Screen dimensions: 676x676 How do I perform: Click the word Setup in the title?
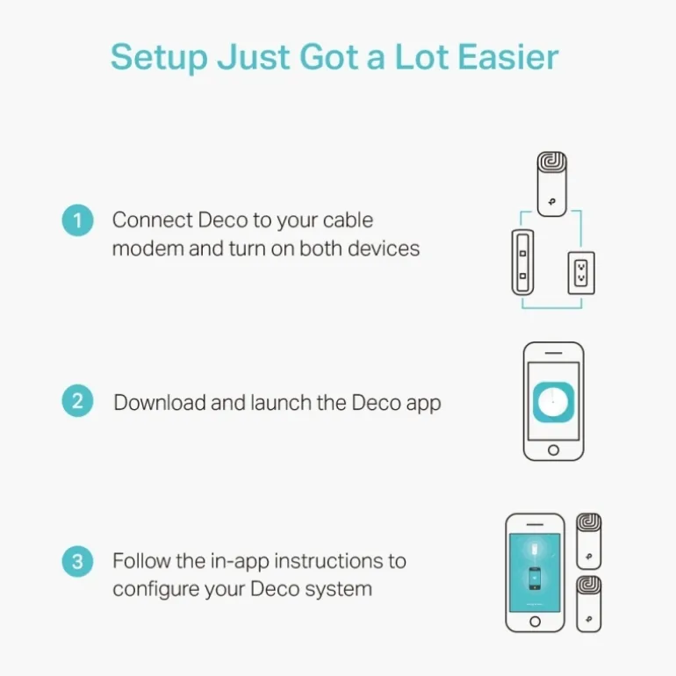point(159,58)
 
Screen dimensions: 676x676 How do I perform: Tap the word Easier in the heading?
point(508,57)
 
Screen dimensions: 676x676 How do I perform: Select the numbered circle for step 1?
point(77,220)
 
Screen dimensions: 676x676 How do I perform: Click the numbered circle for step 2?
point(77,401)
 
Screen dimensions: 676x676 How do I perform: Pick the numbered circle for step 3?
point(77,561)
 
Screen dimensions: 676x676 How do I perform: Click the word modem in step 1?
point(147,248)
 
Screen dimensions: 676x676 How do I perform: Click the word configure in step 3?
point(155,589)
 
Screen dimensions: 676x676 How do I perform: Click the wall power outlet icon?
point(581,273)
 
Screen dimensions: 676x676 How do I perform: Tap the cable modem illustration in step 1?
point(522,262)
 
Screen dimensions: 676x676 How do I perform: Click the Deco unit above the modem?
point(552,184)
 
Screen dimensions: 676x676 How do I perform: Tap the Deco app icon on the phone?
point(554,402)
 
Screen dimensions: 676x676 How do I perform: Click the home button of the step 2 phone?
point(554,450)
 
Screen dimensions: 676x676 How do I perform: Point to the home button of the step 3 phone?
point(535,622)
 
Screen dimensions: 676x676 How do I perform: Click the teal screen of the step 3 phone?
point(535,572)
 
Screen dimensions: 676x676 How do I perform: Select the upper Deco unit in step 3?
point(589,541)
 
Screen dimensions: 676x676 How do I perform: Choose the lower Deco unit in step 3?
point(589,604)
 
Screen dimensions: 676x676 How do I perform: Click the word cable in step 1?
point(348,219)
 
